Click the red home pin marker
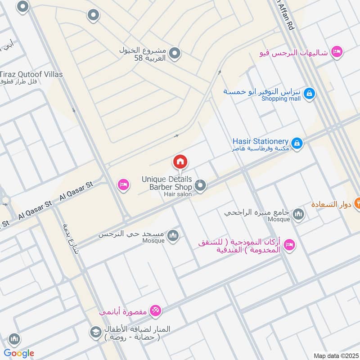(x=180, y=162)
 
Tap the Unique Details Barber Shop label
(x=167, y=183)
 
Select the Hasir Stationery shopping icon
(x=297, y=144)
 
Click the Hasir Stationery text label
(x=261, y=141)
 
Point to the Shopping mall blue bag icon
(x=309, y=94)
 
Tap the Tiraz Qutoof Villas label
(x=31, y=74)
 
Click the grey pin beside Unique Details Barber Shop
(x=201, y=185)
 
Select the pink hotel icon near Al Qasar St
(x=123, y=184)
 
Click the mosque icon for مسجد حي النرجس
(x=173, y=235)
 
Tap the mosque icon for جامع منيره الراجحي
(x=298, y=214)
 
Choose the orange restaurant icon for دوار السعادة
(x=358, y=201)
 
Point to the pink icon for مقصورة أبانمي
(x=156, y=310)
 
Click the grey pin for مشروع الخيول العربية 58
(x=175, y=54)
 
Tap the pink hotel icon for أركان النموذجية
(x=290, y=245)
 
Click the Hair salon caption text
(x=178, y=194)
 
